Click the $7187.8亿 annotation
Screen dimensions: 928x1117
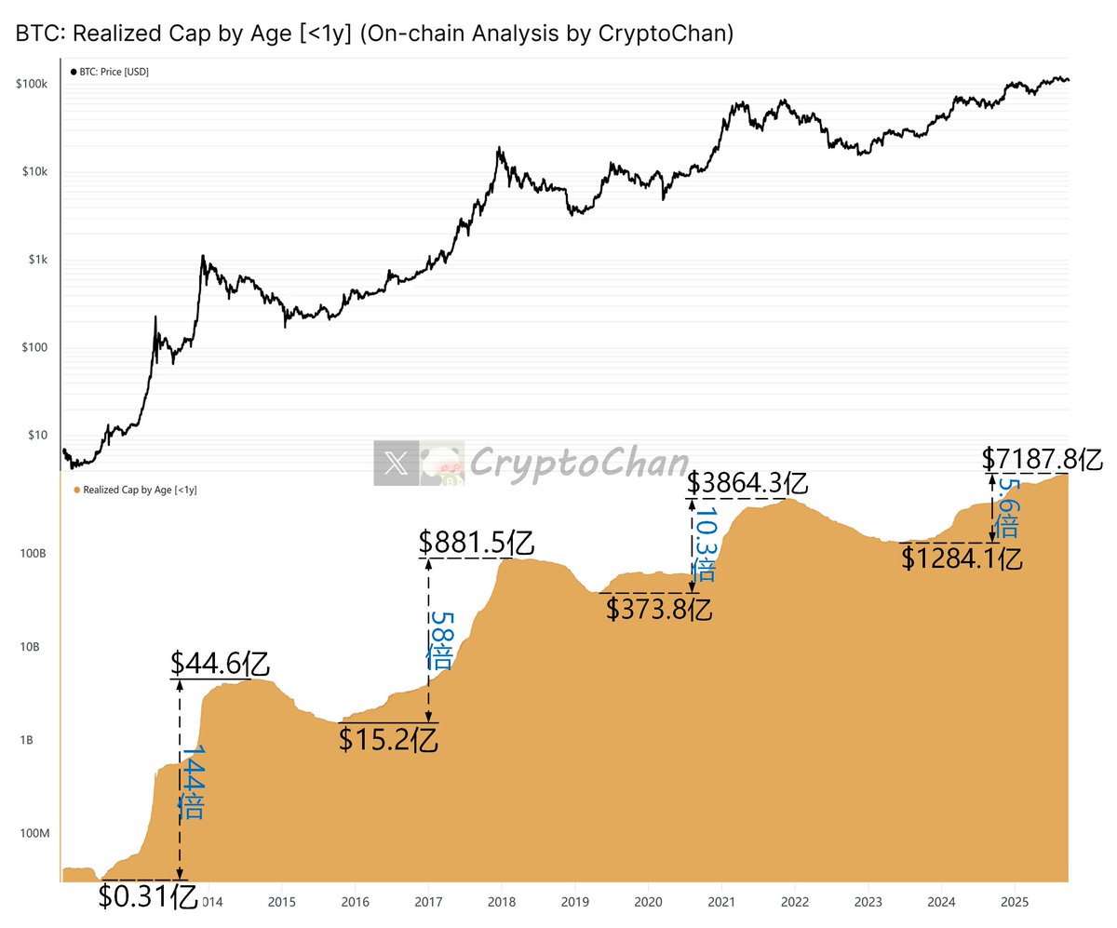pos(1042,459)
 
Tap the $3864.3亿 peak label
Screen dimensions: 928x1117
pos(747,484)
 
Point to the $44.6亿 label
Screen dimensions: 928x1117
pos(221,664)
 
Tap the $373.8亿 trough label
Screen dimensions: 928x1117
pos(659,609)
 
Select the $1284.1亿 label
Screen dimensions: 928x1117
pos(962,558)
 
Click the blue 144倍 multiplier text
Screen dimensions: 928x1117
pos(192,782)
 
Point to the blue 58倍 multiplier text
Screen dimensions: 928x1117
pos(439,639)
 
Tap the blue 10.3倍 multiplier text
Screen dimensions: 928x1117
pos(706,544)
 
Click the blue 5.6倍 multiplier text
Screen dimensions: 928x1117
pos(1006,508)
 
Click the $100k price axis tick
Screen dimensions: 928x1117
pos(32,84)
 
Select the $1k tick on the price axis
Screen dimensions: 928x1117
pos(38,260)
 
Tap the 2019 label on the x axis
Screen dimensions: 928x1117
pos(574,902)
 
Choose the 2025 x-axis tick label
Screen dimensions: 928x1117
pos(1013,902)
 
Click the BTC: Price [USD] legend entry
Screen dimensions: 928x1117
pos(110,72)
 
